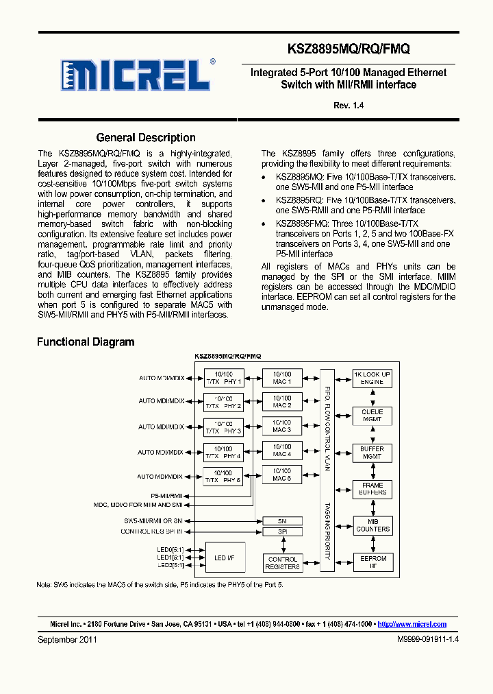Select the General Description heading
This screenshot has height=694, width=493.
[x=146, y=138]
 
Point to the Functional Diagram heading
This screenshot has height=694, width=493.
[x=86, y=342]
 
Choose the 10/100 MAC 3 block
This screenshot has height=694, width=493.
[x=281, y=427]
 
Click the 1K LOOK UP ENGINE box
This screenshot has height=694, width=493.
[x=372, y=378]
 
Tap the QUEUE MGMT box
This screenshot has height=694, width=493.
[x=372, y=416]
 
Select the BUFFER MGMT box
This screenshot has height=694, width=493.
[x=372, y=453]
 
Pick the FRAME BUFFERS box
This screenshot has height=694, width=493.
[x=372, y=489]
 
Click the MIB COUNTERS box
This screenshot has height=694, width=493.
[x=372, y=525]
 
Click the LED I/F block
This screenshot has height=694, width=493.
[x=224, y=559]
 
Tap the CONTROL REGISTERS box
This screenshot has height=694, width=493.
[x=282, y=563]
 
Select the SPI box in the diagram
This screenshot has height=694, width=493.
[x=281, y=531]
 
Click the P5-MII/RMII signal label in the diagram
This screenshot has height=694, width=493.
[x=166, y=494]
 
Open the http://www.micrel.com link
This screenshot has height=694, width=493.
[x=412, y=624]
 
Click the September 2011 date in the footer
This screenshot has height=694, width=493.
[x=66, y=639]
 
